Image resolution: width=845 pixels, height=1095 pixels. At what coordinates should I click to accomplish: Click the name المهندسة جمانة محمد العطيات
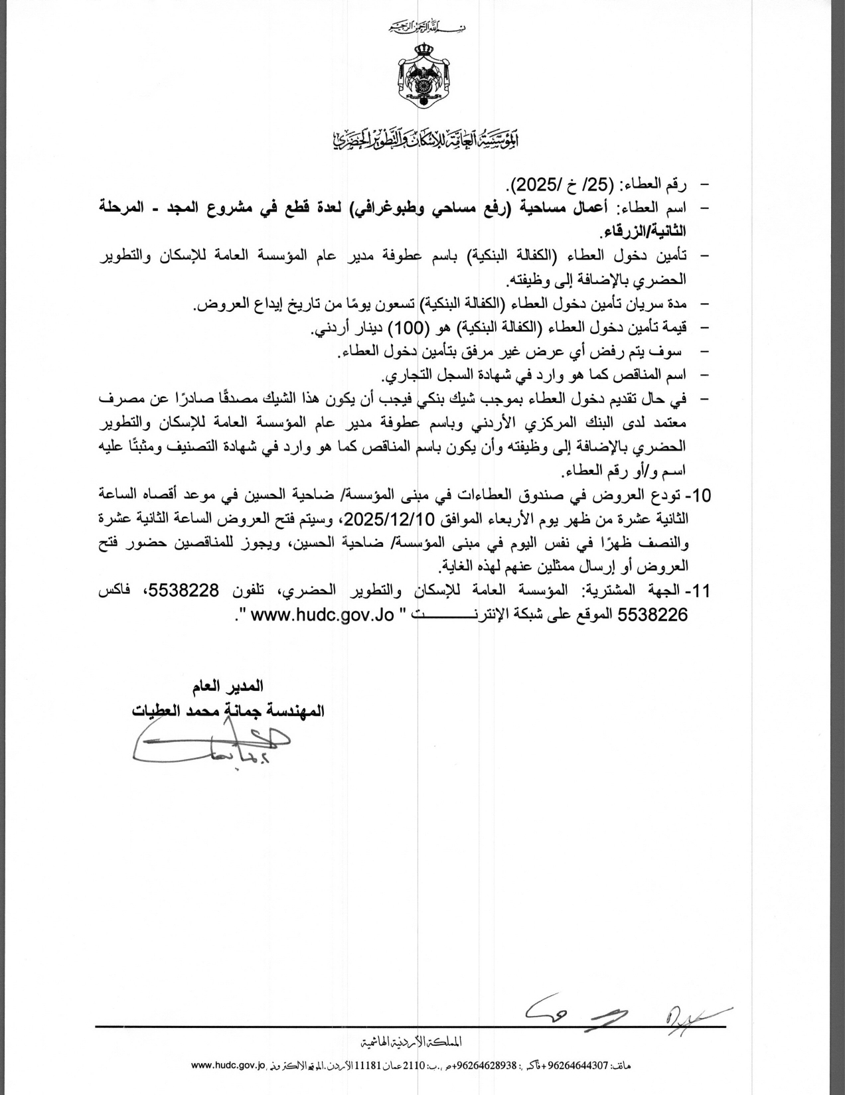[229, 709]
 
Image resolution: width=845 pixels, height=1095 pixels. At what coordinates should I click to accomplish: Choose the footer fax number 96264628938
[480, 1066]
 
